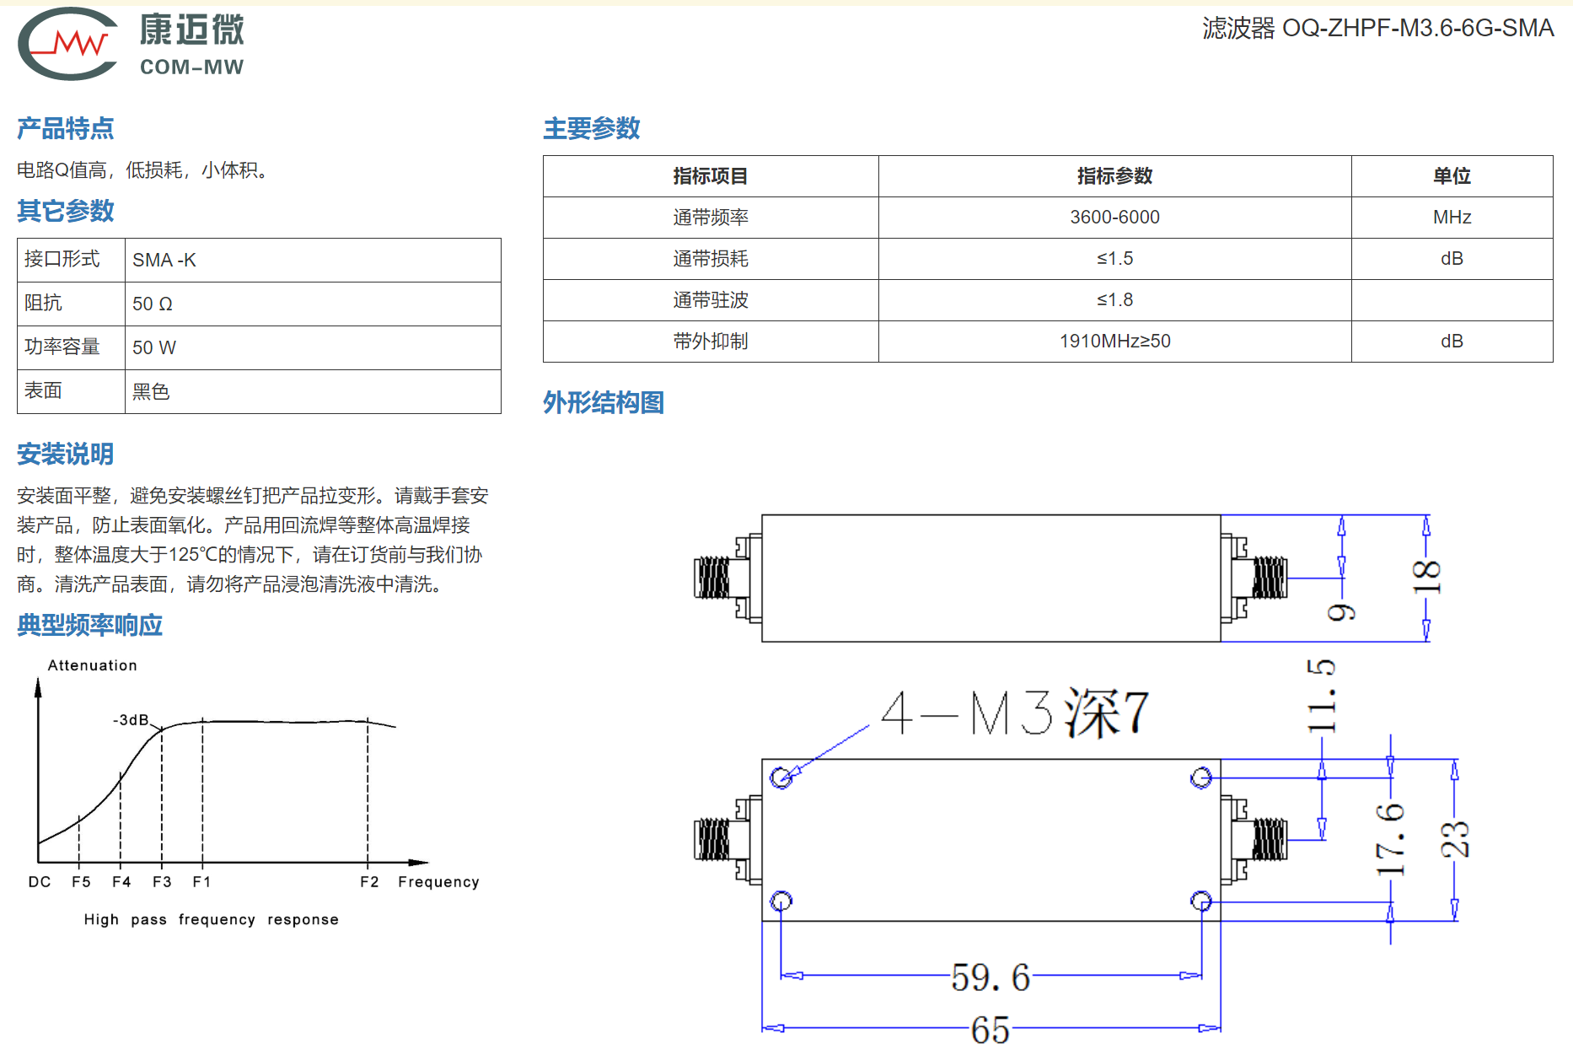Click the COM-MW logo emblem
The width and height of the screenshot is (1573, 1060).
(x=67, y=44)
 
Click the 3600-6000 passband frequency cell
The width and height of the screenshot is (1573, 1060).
(x=1114, y=218)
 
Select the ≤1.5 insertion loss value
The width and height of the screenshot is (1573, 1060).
(x=1114, y=259)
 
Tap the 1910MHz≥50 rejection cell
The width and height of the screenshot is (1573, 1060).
(x=1114, y=342)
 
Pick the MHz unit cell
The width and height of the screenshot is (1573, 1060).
(x=1452, y=218)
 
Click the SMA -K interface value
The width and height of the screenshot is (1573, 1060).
(x=164, y=261)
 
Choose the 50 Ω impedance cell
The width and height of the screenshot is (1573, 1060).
(x=153, y=304)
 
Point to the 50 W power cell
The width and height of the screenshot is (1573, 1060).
(x=154, y=348)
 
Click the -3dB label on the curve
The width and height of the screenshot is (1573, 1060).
(x=131, y=720)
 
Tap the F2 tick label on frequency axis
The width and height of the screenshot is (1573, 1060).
(x=369, y=882)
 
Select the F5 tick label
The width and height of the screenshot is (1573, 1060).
(x=81, y=882)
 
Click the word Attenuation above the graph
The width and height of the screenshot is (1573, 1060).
(x=92, y=665)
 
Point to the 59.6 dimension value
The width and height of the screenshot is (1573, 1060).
(x=991, y=977)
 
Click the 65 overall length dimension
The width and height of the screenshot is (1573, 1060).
(x=991, y=1030)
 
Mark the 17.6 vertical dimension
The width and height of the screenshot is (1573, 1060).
(x=1390, y=840)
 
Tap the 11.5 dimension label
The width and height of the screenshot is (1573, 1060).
(x=1321, y=697)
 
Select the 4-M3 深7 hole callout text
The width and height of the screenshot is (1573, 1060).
(x=1015, y=713)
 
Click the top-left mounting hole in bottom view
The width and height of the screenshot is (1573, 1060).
(x=781, y=778)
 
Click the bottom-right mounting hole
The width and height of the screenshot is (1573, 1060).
(x=1201, y=901)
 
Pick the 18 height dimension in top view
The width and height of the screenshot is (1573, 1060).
(x=1426, y=578)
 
